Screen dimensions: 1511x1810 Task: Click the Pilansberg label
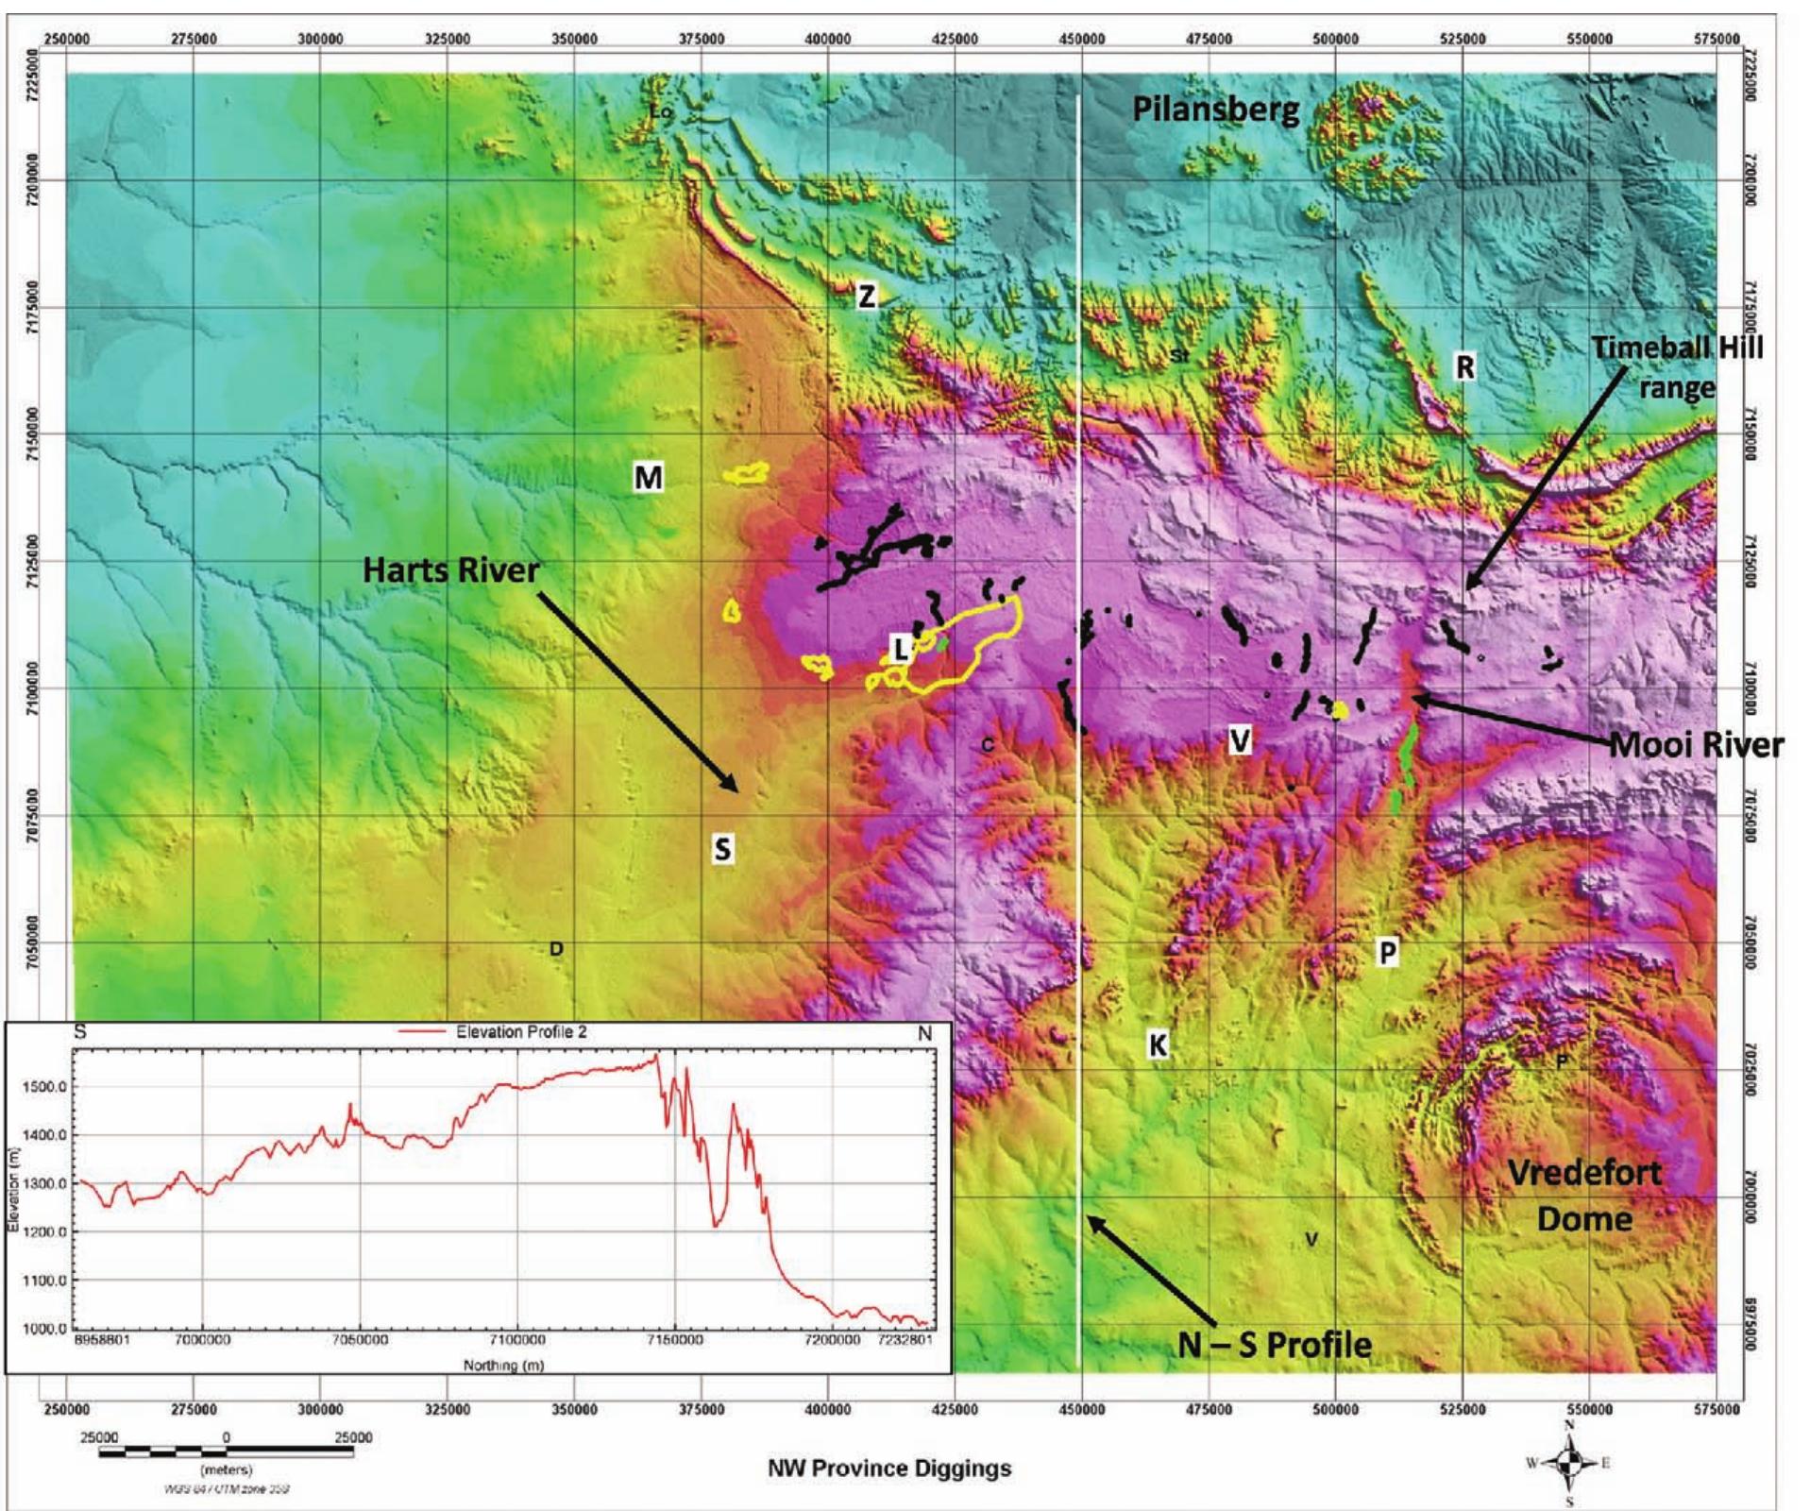click(1215, 110)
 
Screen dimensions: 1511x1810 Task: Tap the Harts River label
click(451, 569)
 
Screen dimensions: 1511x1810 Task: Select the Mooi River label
click(1697, 744)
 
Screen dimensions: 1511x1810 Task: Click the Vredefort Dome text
click(1584, 1195)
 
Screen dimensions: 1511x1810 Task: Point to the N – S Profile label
click(1275, 1343)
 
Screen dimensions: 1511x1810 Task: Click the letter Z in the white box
click(866, 297)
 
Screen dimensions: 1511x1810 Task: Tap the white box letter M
click(648, 478)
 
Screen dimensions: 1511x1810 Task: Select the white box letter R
click(1464, 366)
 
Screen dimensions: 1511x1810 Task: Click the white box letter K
click(1157, 1044)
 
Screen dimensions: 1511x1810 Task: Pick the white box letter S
click(722, 849)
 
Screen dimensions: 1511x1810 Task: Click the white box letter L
click(901, 649)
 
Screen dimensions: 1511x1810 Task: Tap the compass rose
click(1569, 1463)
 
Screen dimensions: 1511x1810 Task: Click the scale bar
click(226, 1452)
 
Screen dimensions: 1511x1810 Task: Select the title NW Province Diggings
click(888, 1468)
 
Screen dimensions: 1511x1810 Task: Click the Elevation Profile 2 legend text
click(521, 1031)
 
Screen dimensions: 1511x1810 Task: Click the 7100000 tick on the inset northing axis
click(516, 1339)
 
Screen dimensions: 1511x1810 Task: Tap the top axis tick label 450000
click(1081, 39)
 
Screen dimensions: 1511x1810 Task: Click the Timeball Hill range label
click(1677, 366)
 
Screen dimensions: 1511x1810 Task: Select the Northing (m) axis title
click(503, 1365)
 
